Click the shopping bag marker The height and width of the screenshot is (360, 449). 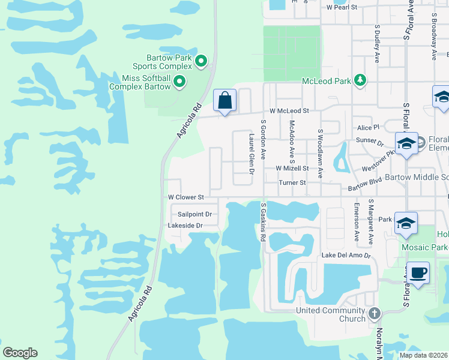point(224,100)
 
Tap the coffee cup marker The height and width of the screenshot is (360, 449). point(418,273)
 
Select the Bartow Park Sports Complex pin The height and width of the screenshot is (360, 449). point(201,60)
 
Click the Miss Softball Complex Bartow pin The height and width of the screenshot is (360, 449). point(179,81)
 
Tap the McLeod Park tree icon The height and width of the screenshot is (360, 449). point(360,80)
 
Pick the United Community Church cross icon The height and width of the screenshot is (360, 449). point(374,313)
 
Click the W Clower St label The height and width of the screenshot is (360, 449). point(186,197)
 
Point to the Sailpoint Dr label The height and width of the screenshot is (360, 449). point(195,214)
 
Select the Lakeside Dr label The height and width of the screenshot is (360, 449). point(186,226)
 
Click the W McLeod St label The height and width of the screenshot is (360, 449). point(289,111)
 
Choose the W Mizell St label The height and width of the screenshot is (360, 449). point(292,169)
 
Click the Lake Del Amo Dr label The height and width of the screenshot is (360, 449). point(346,256)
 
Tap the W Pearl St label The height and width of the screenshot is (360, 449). point(342,7)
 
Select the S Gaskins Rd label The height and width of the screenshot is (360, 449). point(263,223)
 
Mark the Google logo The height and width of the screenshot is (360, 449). point(20,353)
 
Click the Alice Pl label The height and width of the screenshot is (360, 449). point(369,128)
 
